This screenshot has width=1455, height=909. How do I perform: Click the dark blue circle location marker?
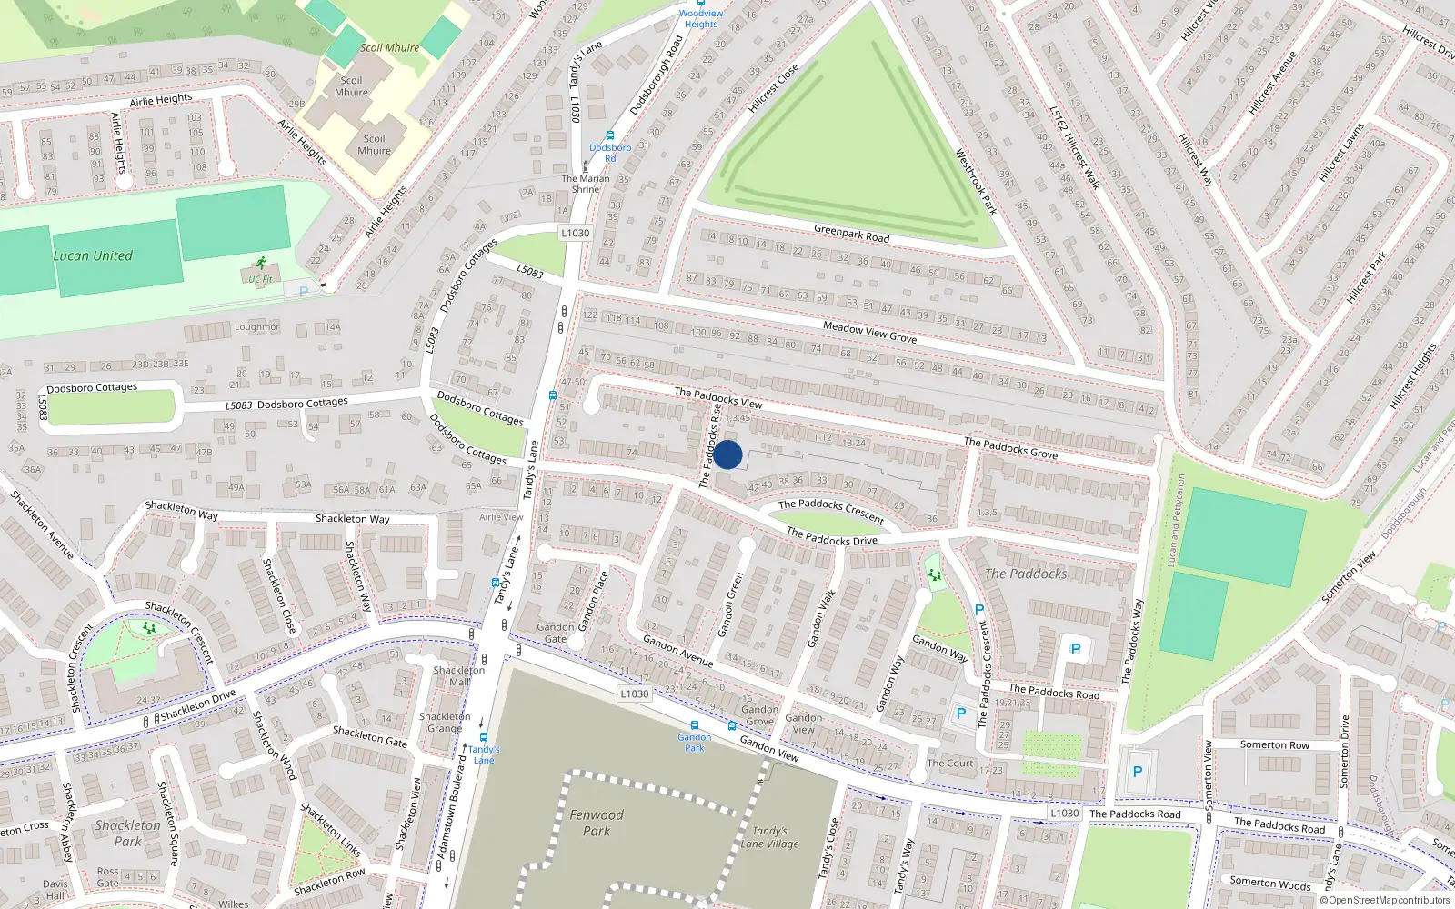tap(727, 454)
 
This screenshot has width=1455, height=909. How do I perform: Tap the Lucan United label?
tap(93, 255)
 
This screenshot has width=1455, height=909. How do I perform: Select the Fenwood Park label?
tap(597, 823)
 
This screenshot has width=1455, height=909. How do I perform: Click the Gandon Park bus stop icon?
tap(695, 725)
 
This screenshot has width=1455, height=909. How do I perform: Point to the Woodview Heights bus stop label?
tap(701, 18)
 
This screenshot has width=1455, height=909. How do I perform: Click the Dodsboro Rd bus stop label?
tap(610, 152)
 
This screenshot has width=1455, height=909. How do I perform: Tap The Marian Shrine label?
tap(586, 184)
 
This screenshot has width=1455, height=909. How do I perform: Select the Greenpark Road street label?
tap(851, 234)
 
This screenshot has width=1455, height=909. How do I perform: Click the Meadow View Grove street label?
tap(869, 331)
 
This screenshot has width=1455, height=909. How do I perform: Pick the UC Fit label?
tap(260, 279)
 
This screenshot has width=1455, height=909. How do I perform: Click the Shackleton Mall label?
tap(459, 675)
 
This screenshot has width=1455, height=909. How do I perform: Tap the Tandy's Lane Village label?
tap(769, 837)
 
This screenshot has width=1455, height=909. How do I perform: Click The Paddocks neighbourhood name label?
tap(1026, 574)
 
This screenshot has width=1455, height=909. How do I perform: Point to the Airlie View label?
tap(501, 517)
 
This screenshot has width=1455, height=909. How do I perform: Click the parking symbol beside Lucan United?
tap(303, 291)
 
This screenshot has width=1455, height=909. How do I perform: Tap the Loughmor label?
tap(256, 326)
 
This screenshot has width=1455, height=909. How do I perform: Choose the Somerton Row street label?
tap(1275, 744)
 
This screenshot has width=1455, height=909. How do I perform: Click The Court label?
tap(949, 763)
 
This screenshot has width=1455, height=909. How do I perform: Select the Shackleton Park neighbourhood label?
tap(127, 833)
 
